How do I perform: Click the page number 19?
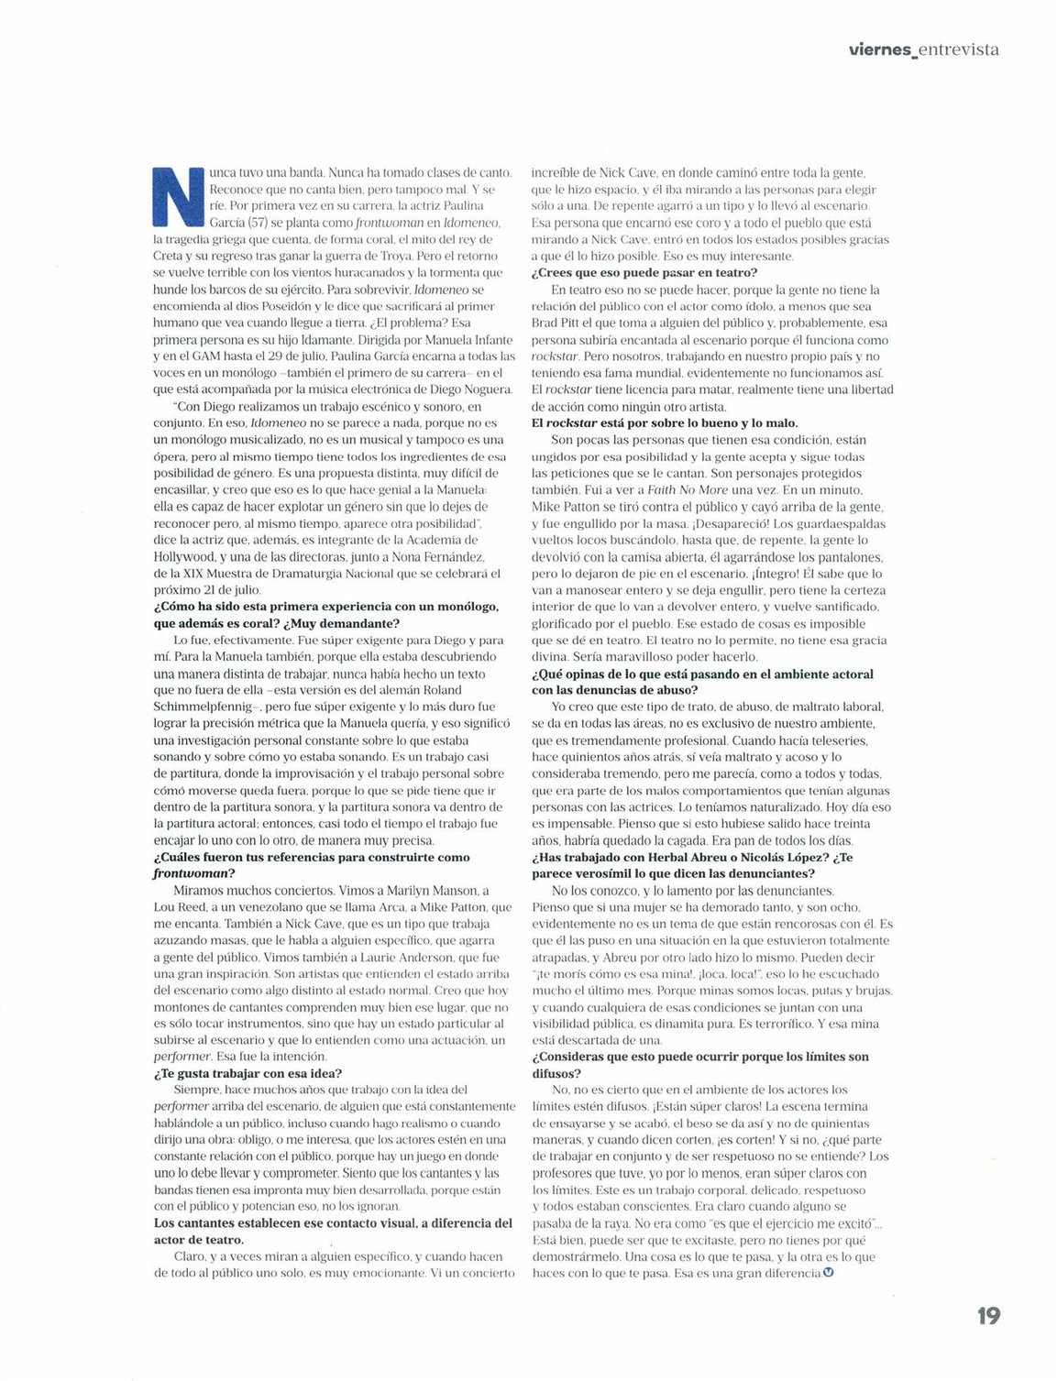pyautogui.click(x=987, y=1316)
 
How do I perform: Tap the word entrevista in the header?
pyautogui.click(x=958, y=49)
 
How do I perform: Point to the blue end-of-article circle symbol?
pyautogui.click(x=829, y=1272)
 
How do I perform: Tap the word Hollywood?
pyautogui.click(x=184, y=556)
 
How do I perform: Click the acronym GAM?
pyautogui.click(x=205, y=356)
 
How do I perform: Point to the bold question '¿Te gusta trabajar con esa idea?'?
pyautogui.click(x=248, y=1073)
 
